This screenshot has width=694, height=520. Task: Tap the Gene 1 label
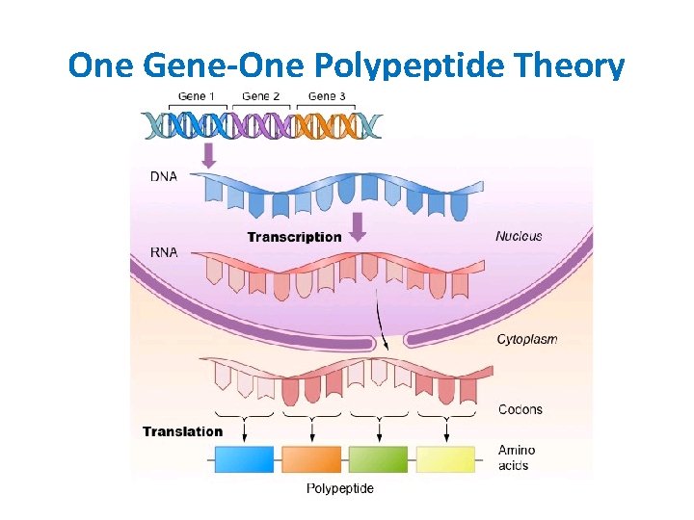click(x=198, y=95)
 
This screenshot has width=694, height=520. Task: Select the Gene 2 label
click(x=261, y=95)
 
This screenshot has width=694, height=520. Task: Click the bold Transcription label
click(x=294, y=237)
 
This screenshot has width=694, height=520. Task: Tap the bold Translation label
click(x=182, y=431)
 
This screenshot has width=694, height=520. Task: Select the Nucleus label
click(x=519, y=236)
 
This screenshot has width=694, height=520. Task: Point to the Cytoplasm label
click(x=527, y=339)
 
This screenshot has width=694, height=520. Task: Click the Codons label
click(x=520, y=409)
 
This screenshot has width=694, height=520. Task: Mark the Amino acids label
click(x=517, y=457)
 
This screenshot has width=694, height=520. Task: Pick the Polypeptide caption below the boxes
click(x=340, y=488)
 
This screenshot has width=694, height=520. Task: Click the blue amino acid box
click(x=243, y=459)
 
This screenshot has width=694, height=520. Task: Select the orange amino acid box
click(x=311, y=459)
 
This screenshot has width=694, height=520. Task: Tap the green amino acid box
click(x=378, y=459)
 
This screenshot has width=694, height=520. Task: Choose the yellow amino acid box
click(x=445, y=459)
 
